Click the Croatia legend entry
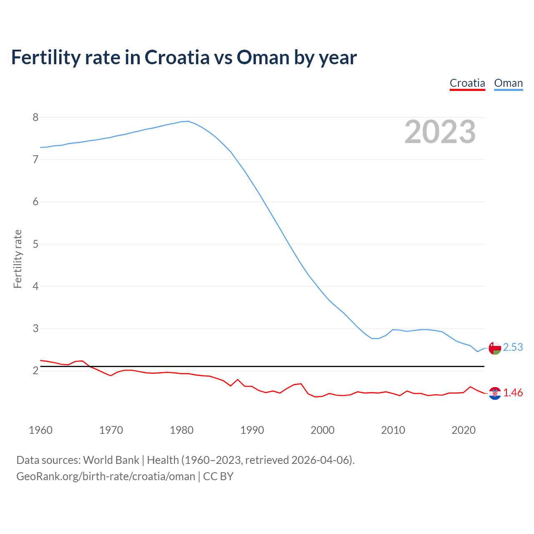pyautogui.click(x=467, y=83)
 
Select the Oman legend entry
pyautogui.click(x=508, y=83)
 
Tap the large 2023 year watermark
pyautogui.click(x=440, y=132)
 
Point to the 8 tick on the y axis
pyautogui.click(x=35, y=117)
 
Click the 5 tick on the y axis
pyautogui.click(x=35, y=244)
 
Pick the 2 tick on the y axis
pyautogui.click(x=35, y=370)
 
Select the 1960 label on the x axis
pyautogui.click(x=40, y=430)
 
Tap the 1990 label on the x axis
pyautogui.click(x=252, y=430)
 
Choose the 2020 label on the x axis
pyautogui.click(x=463, y=430)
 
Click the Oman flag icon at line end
pyautogui.click(x=495, y=348)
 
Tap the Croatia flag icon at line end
pyautogui.click(x=495, y=393)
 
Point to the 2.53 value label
pyautogui.click(x=513, y=348)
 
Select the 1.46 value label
pyautogui.click(x=513, y=393)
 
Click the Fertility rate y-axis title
pyautogui.click(x=18, y=259)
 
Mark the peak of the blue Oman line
pyautogui.click(x=188, y=121)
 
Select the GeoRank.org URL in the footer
pyautogui.click(x=106, y=476)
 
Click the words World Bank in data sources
pyautogui.click(x=111, y=460)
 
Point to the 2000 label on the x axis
pyautogui.click(x=322, y=430)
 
